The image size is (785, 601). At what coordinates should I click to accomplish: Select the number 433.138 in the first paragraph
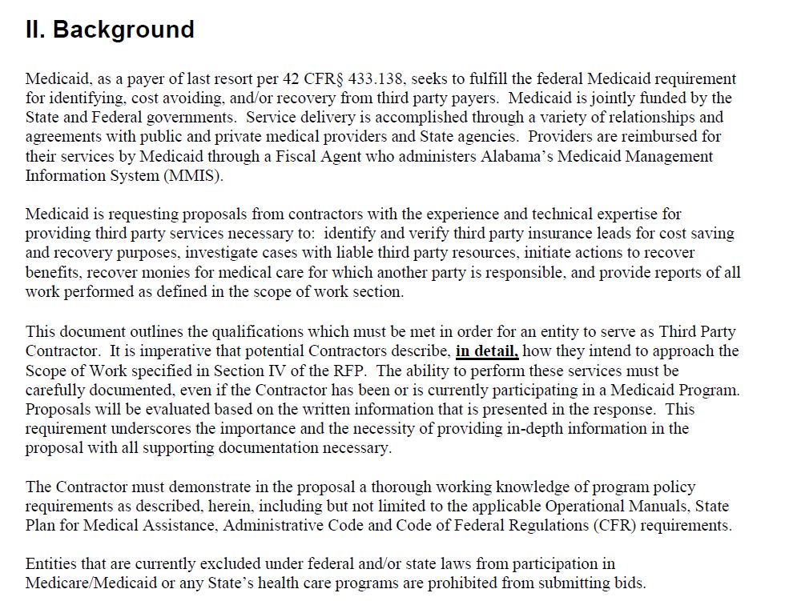tap(379, 79)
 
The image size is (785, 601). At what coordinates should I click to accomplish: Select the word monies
tap(147, 272)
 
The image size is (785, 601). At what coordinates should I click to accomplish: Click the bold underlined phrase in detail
tap(487, 351)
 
